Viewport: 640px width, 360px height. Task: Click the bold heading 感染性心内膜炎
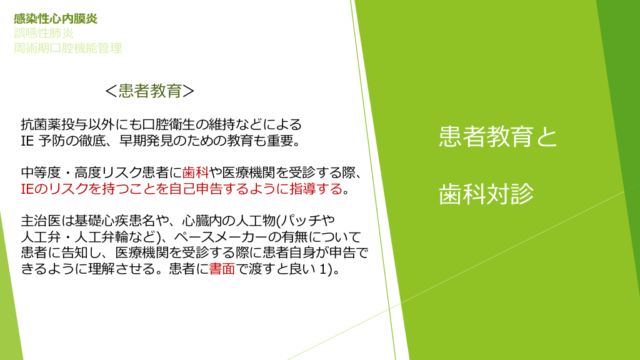click(x=56, y=19)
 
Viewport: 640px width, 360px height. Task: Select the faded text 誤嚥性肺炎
click(x=44, y=33)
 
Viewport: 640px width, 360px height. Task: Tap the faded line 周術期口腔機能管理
click(x=67, y=48)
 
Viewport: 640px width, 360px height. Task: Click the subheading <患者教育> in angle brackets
click(x=149, y=91)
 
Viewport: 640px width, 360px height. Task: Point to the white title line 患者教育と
click(x=498, y=136)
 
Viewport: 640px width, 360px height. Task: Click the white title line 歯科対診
click(x=486, y=194)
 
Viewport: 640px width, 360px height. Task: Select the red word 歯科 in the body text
click(x=196, y=173)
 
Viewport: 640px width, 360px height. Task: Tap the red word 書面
click(x=222, y=269)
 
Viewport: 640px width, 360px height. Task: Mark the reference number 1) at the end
click(x=327, y=269)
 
